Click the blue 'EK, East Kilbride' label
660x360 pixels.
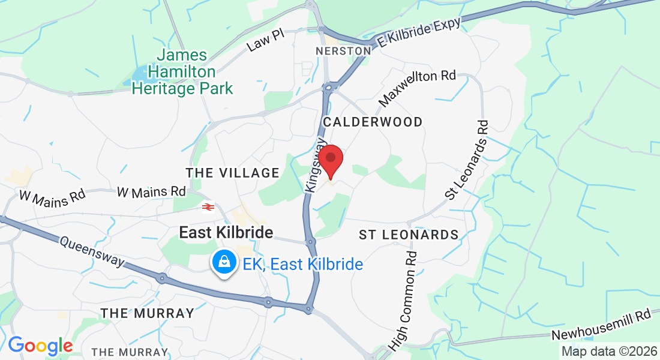click(x=303, y=264)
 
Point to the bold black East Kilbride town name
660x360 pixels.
click(x=226, y=233)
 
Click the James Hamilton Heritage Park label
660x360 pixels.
click(x=182, y=72)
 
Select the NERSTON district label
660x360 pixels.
click(x=344, y=51)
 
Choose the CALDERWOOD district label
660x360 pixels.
click(x=373, y=122)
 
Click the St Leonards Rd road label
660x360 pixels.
click(x=467, y=160)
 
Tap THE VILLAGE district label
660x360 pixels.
click(x=233, y=173)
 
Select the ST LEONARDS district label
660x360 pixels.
click(x=409, y=235)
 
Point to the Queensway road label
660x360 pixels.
click(x=92, y=251)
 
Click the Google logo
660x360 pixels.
click(x=40, y=346)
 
